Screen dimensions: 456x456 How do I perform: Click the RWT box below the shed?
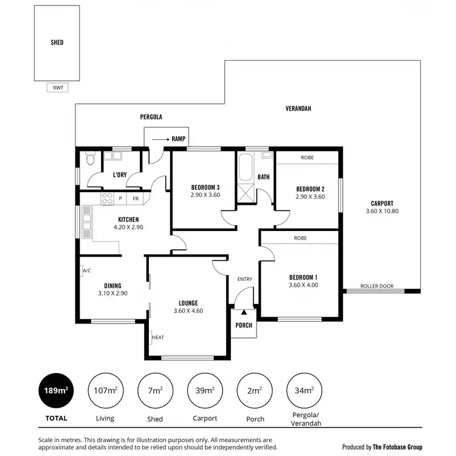[x=58, y=88]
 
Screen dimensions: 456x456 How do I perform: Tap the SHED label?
[x=57, y=43]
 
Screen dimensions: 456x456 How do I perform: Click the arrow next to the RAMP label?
[x=160, y=139]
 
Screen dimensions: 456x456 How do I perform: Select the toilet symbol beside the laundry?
[x=90, y=160]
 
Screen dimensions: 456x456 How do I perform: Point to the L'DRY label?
[x=120, y=175]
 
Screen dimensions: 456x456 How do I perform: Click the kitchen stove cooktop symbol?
[x=107, y=198]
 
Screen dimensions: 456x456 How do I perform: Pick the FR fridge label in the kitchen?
[x=136, y=198]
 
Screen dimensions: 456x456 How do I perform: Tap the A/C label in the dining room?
[x=86, y=271]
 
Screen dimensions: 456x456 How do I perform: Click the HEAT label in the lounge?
[x=158, y=337]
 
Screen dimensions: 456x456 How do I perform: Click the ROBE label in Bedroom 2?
[x=308, y=157]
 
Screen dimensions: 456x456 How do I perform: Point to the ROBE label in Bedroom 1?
[x=300, y=238]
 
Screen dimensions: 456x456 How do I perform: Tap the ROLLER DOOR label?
[x=377, y=286]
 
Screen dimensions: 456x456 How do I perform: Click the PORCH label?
[x=244, y=325]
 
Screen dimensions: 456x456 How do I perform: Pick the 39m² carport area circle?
[x=205, y=390]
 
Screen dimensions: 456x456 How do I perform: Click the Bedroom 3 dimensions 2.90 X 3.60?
[x=205, y=195]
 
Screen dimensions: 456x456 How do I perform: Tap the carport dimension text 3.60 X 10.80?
[x=383, y=212]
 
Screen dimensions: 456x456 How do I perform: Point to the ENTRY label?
[x=244, y=279]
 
